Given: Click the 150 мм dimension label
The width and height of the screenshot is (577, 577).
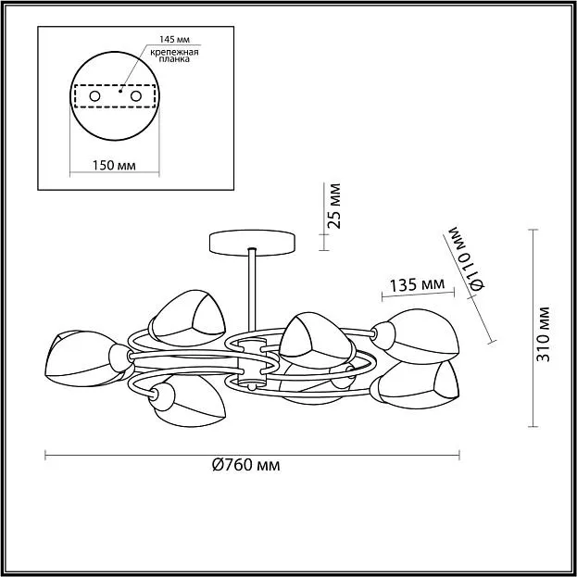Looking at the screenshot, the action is (x=114, y=166).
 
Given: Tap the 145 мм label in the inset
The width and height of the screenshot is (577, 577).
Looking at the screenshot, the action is (x=174, y=40).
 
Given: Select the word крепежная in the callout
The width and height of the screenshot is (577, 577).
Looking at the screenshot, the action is (x=174, y=52).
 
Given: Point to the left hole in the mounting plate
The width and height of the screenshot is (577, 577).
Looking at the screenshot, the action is (x=94, y=96).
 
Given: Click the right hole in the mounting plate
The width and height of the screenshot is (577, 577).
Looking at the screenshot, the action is (x=136, y=96).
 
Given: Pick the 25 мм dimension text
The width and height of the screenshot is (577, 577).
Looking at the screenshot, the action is (x=334, y=206).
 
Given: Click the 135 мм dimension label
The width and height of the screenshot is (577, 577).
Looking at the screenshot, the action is (x=417, y=284).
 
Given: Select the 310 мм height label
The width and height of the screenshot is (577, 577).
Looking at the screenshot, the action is (x=543, y=334).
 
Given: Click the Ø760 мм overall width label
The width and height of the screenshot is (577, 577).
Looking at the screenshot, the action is (x=245, y=465).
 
